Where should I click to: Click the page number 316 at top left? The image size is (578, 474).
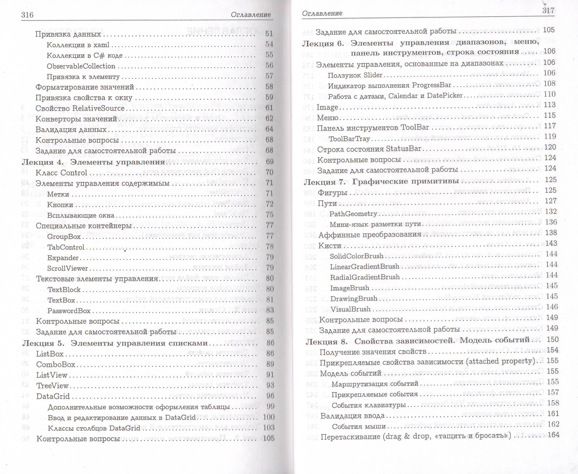27,15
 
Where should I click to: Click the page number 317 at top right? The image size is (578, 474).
548,10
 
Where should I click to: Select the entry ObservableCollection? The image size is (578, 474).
81,66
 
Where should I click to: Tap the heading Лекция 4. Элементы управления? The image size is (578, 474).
94,162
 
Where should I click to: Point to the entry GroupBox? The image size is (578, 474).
64,236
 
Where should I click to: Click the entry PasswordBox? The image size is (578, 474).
69,311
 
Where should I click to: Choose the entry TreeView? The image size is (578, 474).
52,386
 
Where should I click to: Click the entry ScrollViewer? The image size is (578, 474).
67,268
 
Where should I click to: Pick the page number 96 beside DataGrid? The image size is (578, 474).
270,396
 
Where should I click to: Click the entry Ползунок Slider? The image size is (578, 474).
355,75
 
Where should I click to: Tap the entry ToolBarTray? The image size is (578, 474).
349,139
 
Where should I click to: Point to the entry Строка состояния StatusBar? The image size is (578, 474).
369,149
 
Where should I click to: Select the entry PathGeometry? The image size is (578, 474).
353,214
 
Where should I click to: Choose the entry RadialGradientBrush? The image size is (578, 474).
365,277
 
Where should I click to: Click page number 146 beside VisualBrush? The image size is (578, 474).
551,307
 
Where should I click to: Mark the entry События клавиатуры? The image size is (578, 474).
368,405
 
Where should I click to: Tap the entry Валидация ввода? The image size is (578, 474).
352,416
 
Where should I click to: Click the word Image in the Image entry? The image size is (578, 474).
327,107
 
